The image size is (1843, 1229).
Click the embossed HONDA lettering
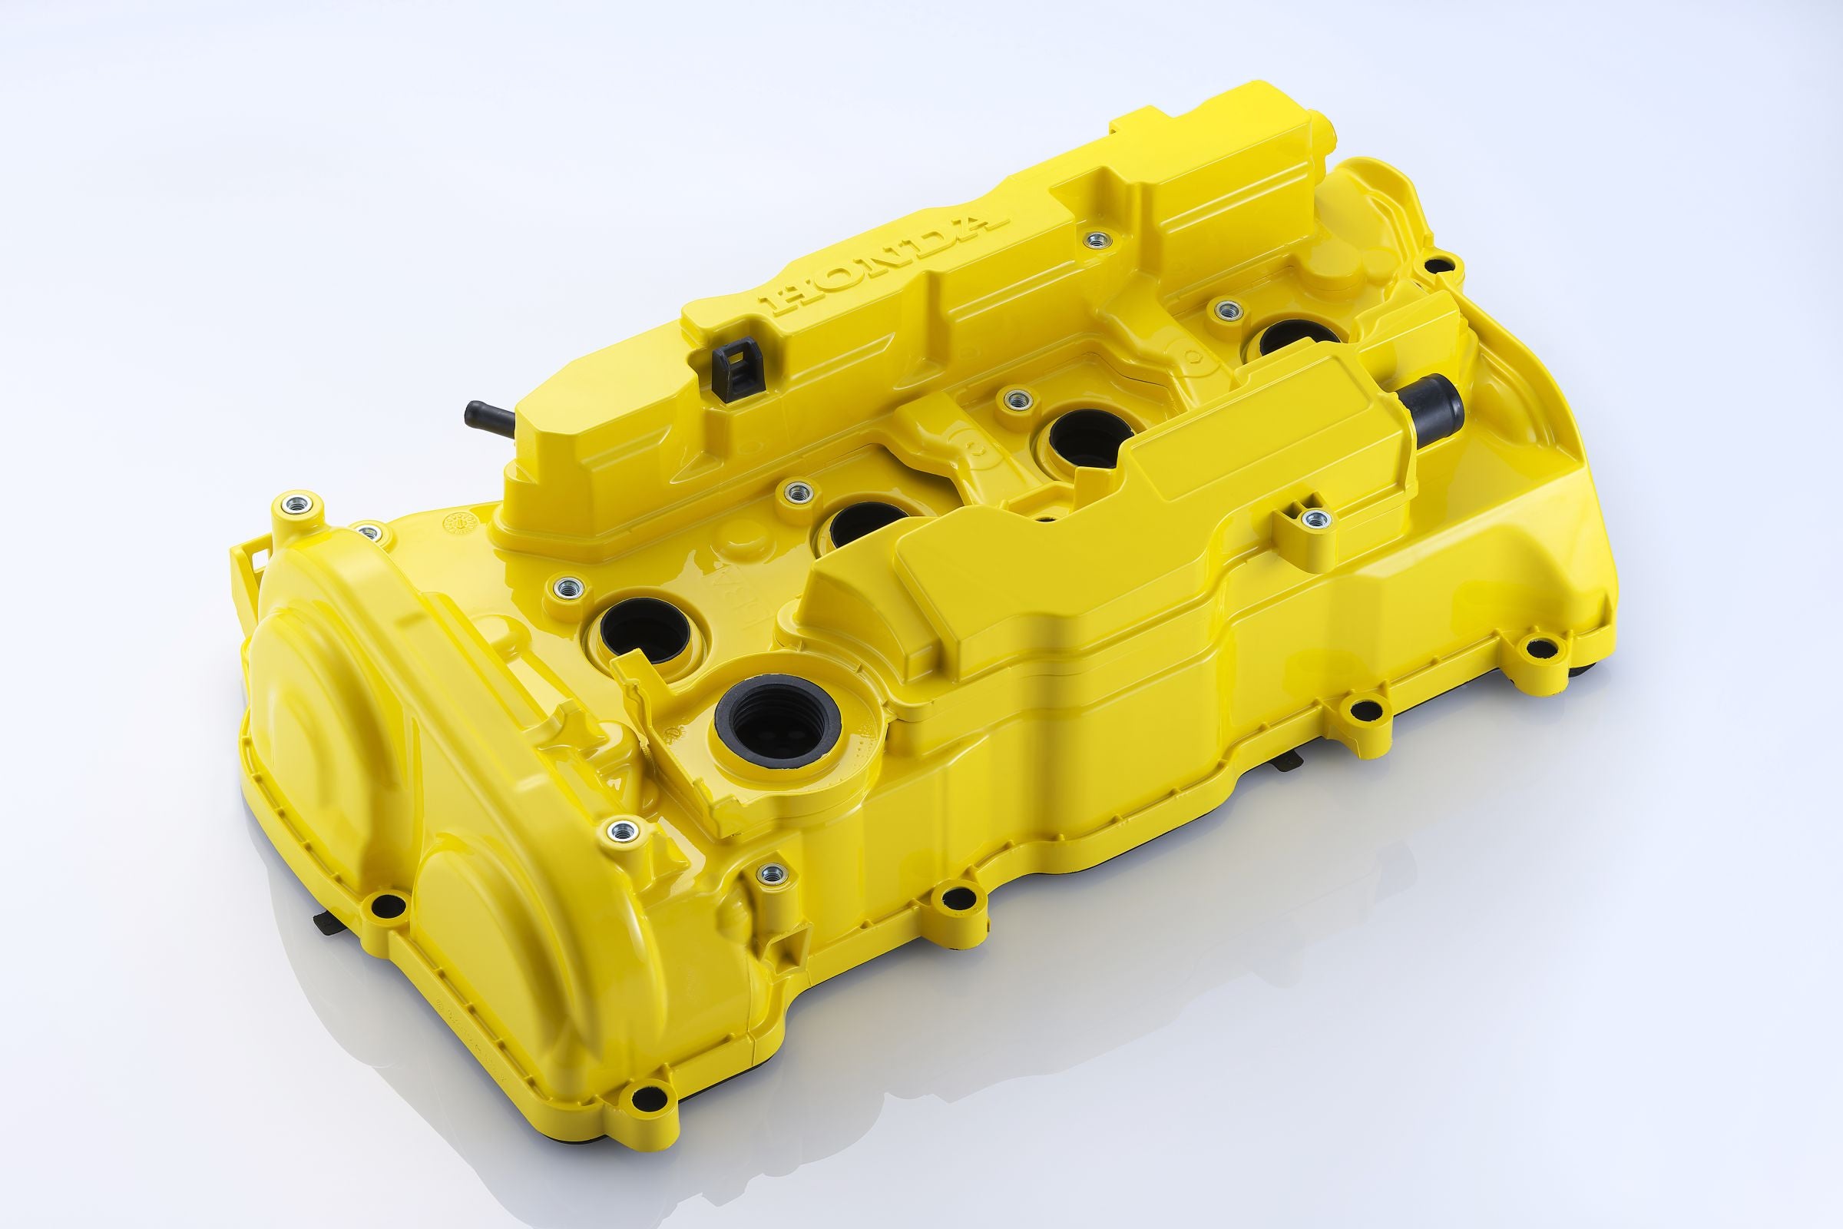point(886,262)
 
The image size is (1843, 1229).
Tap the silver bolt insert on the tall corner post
point(299,502)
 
